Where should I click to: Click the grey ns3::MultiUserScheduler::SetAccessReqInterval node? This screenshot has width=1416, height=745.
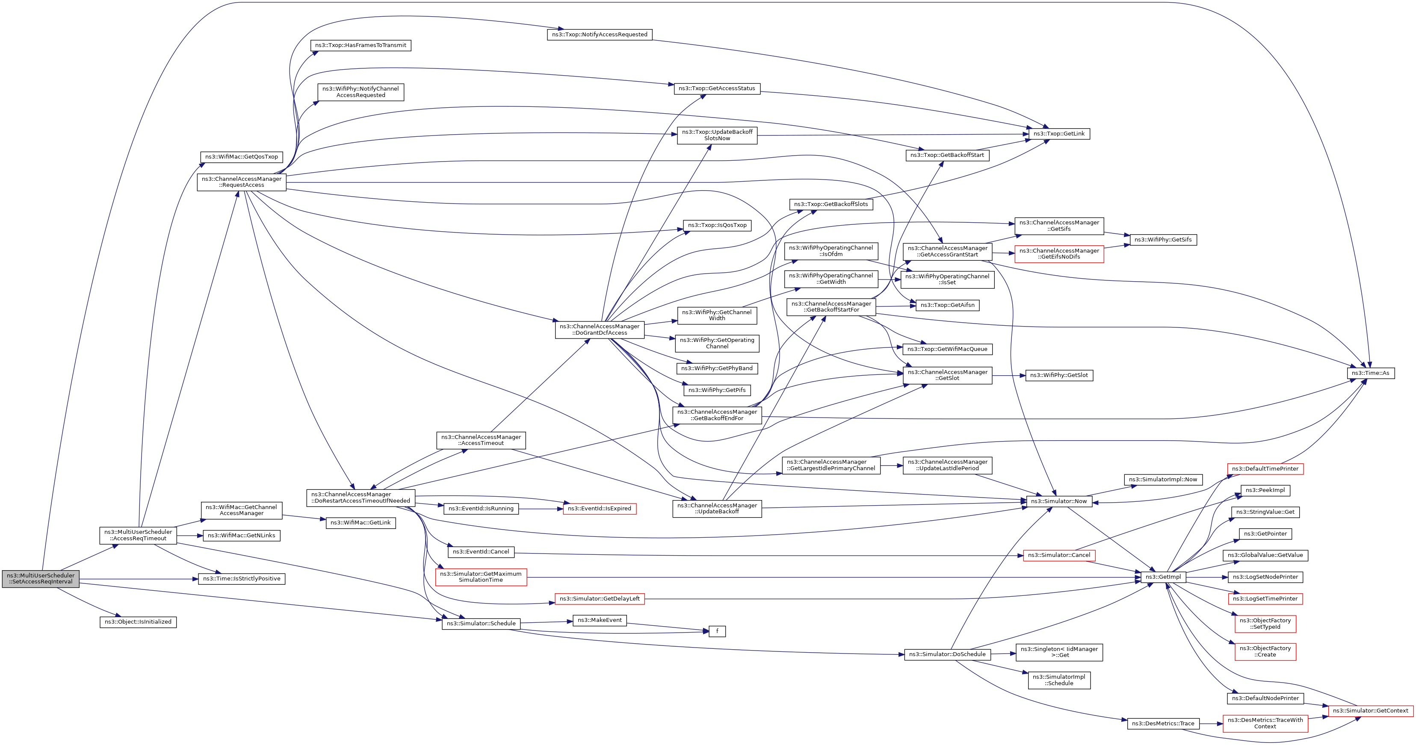coord(41,579)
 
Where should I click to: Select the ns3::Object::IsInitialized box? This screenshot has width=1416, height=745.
coord(138,622)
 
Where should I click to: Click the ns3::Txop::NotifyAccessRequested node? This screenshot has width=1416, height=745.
coord(599,35)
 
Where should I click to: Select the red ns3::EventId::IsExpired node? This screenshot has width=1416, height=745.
coord(599,509)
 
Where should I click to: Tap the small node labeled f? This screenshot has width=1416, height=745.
coord(717,631)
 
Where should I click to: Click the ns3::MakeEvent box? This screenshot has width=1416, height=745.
coord(599,620)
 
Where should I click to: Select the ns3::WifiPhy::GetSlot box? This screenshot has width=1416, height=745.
coord(1059,375)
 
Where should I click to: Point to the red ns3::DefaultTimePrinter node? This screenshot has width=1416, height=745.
coord(1265,468)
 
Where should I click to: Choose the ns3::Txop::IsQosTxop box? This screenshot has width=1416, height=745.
coord(717,225)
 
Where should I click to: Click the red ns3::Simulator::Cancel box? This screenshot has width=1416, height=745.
coord(1059,556)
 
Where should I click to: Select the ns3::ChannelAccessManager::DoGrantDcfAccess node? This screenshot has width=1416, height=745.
coord(599,330)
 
